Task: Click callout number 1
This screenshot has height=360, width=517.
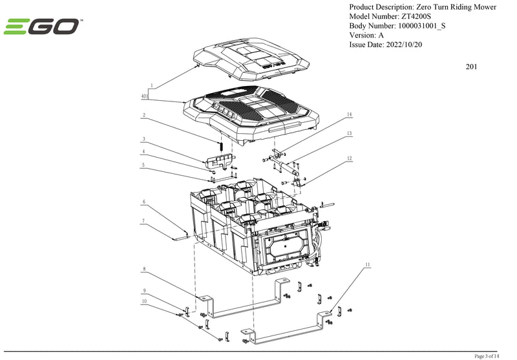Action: (x=151, y=85)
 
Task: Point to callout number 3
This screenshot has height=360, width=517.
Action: (x=144, y=138)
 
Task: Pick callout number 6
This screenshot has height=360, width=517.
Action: (x=144, y=202)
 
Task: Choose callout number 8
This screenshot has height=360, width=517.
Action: (x=144, y=268)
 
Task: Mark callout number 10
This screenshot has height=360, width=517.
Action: (x=144, y=301)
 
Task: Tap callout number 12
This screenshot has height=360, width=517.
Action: (x=349, y=158)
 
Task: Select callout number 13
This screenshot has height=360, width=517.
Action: (x=349, y=133)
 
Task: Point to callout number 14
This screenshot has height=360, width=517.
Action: (x=349, y=114)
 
